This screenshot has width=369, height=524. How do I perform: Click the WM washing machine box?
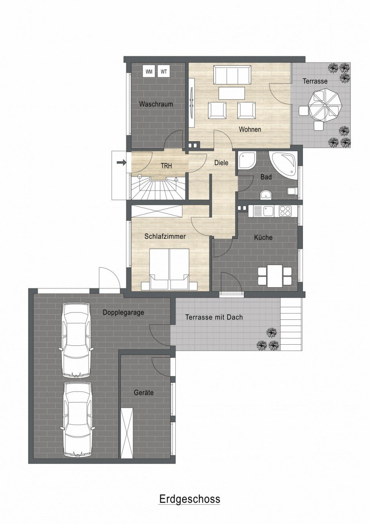click(149, 71)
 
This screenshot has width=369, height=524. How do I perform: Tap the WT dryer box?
click(164, 71)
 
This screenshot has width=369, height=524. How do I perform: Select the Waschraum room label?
click(156, 104)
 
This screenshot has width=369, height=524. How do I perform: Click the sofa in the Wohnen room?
click(232, 75)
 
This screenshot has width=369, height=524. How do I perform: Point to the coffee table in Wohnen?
click(232, 93)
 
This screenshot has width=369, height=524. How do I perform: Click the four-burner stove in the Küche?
click(285, 211)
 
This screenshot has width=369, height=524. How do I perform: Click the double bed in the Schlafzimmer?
click(169, 269)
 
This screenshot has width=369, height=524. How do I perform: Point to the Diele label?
click(221, 162)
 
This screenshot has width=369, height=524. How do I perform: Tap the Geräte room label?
click(144, 392)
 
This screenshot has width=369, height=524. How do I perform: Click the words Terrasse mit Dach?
click(214, 317)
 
